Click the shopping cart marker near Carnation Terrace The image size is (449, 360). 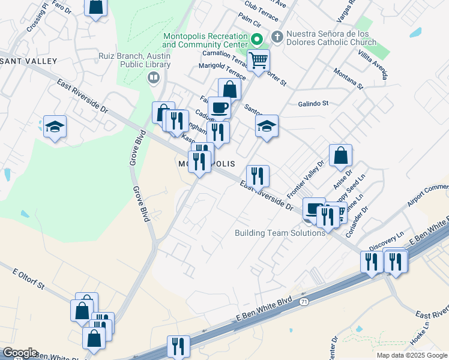(x=258, y=60)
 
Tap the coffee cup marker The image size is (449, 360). (x=220, y=107)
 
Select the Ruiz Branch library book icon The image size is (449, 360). (x=154, y=77)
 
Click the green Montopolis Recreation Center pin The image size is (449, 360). (x=256, y=40)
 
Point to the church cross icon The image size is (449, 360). (x=277, y=35)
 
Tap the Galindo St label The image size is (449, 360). (x=313, y=103)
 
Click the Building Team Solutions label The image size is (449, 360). (x=280, y=233)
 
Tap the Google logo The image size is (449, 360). (x=19, y=353)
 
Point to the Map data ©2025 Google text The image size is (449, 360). (x=411, y=355)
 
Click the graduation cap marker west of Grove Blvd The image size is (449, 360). (x=55, y=127)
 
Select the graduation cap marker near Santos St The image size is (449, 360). (x=267, y=125)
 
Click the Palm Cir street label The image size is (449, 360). (x=249, y=22)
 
